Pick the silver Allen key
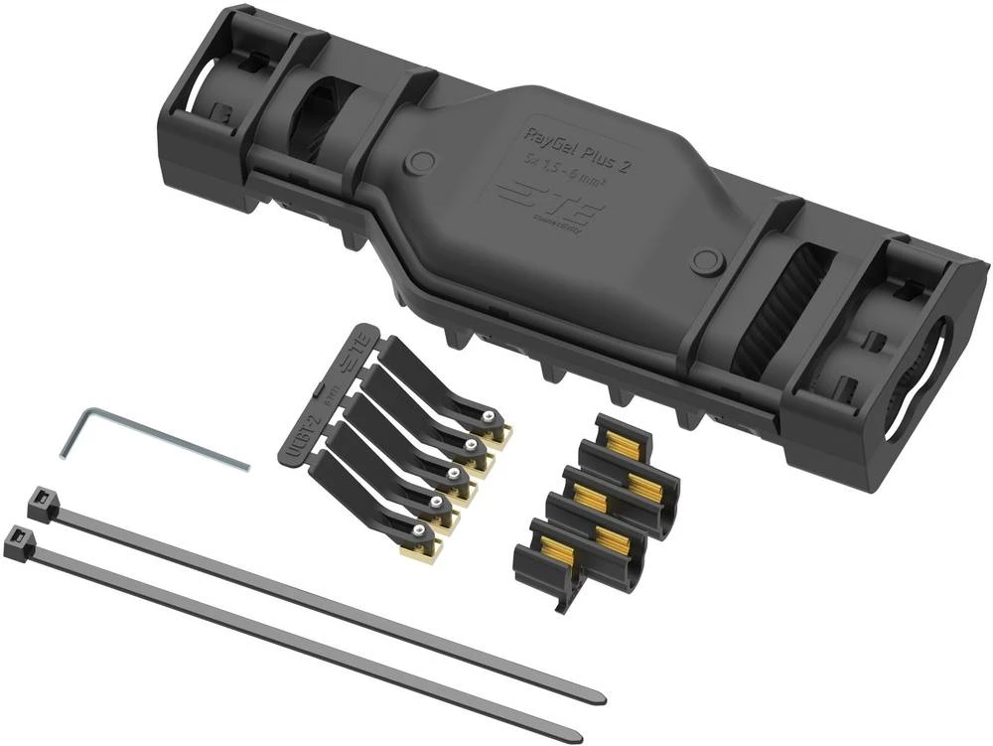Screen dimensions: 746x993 click(149, 437)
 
